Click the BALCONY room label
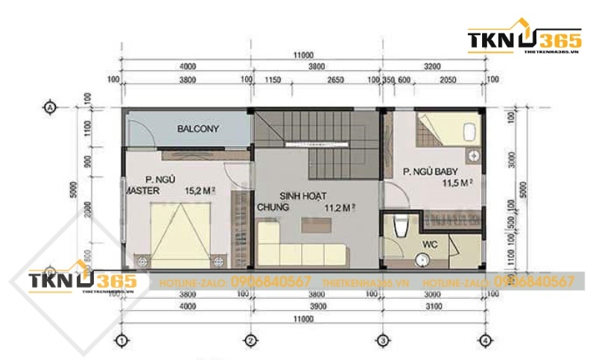(x=198, y=129)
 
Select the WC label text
(x=430, y=243)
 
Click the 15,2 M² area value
(x=200, y=190)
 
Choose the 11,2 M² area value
(x=339, y=208)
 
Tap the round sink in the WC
(x=422, y=259)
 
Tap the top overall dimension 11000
(x=301, y=55)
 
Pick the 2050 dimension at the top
(x=448, y=79)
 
